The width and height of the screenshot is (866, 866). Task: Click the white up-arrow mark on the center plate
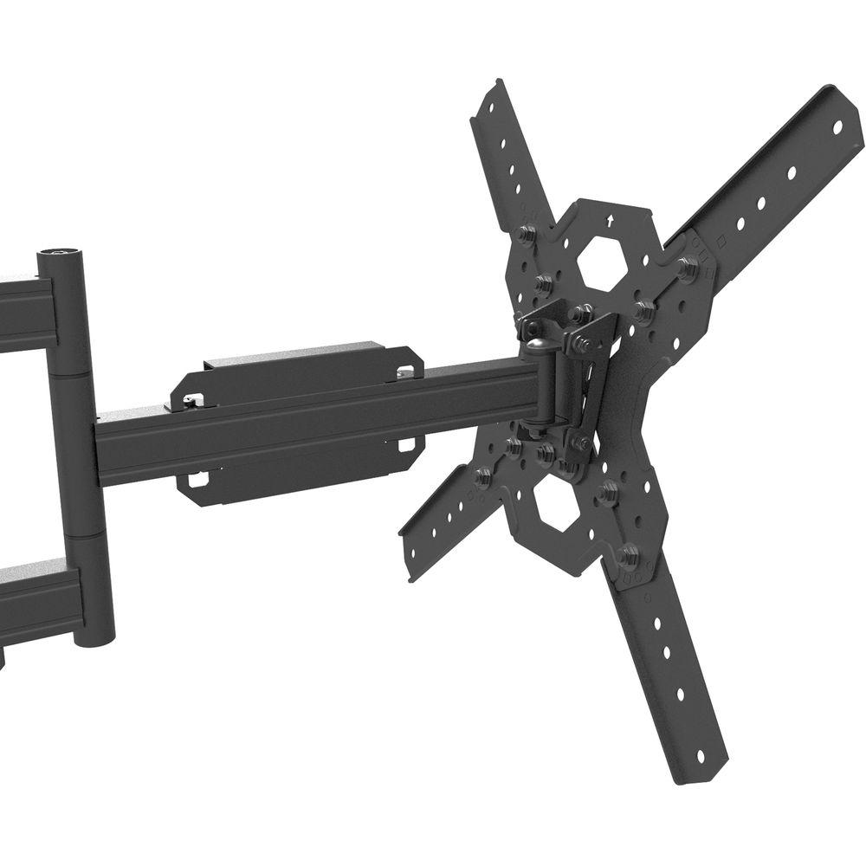pos(611,221)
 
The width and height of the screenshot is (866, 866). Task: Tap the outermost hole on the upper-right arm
pos(837,126)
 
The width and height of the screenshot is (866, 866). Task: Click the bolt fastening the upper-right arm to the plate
pos(688,267)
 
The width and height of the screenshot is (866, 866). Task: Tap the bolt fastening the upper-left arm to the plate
pos(525,234)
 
